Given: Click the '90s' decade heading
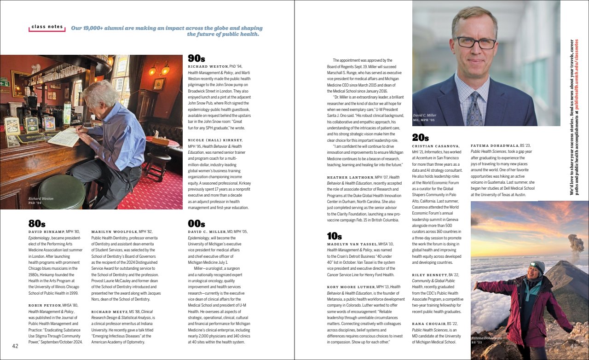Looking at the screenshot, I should tap(196, 58).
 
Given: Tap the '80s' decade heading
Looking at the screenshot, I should tap(37, 224).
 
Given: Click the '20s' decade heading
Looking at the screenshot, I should tap(421, 137).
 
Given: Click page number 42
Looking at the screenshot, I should tap(15, 346).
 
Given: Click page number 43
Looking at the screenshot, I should tap(574, 346).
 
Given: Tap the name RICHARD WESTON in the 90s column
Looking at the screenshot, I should tap(208, 67).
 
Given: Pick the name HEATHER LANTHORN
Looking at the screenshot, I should tap(350, 178).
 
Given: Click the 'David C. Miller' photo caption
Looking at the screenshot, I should tap(424, 115).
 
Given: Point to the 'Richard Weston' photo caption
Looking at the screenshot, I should tap(41, 199).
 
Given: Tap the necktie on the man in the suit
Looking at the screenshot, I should tap(474, 108).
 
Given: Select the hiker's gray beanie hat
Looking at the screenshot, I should tap(537, 266).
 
